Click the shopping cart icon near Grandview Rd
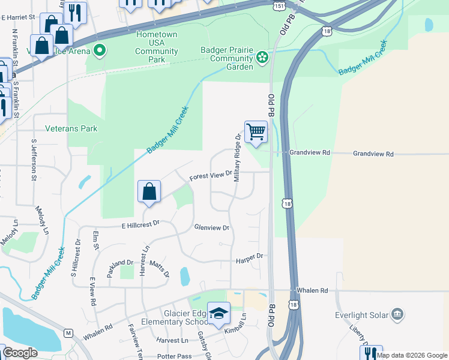(256, 131)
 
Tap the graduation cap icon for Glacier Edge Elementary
(218, 313)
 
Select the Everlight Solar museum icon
(397, 314)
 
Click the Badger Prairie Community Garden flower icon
(262, 58)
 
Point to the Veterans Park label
(71, 128)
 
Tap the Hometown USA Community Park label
(157, 43)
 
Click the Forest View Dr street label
(211, 176)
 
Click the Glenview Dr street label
(212, 228)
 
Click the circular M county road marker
(68, 333)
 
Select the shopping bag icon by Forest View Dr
(149, 191)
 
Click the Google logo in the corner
(20, 353)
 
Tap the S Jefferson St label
(34, 160)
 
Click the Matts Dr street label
(159, 267)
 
